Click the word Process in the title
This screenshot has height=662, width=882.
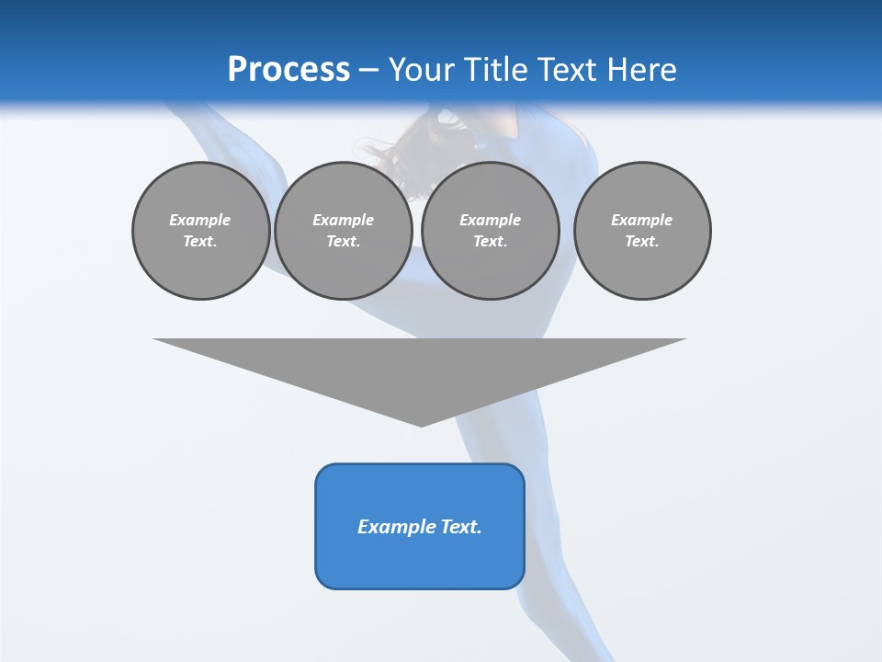click(x=288, y=70)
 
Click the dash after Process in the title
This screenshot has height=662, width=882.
click(x=369, y=71)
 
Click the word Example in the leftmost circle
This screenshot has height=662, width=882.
click(x=200, y=220)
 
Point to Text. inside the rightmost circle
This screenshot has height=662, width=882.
click(x=642, y=242)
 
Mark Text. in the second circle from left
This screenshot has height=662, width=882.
click(x=344, y=242)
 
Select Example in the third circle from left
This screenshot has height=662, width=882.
click(x=491, y=220)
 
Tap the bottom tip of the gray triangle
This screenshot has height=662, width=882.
click(x=421, y=424)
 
